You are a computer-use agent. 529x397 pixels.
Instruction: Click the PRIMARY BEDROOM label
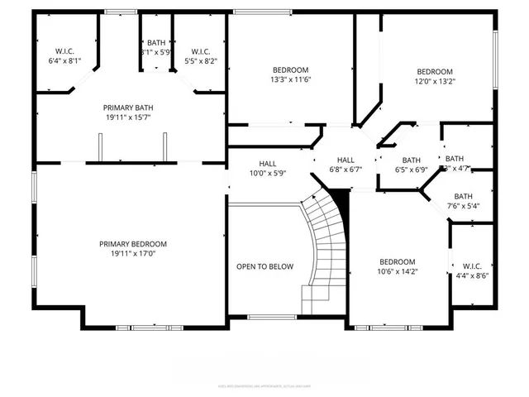(133, 244)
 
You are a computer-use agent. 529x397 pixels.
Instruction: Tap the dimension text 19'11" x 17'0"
(133, 255)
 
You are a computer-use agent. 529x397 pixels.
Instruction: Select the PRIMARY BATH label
(128, 108)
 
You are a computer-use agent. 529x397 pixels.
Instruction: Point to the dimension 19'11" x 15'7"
(128, 117)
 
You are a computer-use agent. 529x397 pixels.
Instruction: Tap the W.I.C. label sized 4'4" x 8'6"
(471, 265)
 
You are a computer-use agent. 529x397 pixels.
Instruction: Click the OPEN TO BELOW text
(264, 266)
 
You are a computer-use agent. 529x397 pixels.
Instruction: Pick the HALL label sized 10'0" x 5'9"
(268, 163)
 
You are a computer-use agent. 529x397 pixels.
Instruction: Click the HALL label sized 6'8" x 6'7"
(346, 160)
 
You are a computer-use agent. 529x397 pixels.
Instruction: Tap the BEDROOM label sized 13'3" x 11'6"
(291, 69)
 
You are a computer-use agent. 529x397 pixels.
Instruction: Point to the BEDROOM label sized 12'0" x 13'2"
(435, 71)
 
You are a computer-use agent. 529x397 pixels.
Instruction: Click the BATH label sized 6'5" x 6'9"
(411, 160)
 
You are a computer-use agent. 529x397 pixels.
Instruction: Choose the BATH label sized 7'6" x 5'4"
(463, 196)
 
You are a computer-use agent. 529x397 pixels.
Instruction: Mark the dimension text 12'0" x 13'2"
(435, 82)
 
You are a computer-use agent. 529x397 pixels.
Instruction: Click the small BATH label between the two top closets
(156, 43)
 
